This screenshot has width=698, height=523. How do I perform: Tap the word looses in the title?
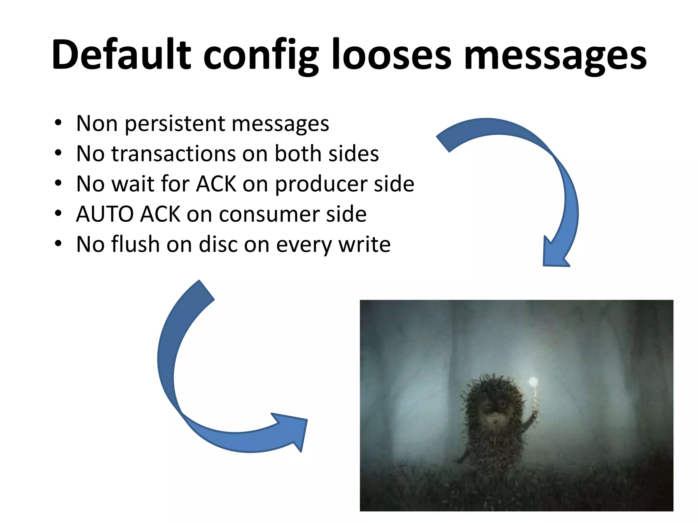pyautogui.click(x=392, y=54)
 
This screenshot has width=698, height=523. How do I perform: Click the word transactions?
pyautogui.click(x=173, y=154)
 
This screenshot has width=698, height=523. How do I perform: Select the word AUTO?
pyautogui.click(x=105, y=214)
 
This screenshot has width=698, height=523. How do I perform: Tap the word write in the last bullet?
pyautogui.click(x=365, y=244)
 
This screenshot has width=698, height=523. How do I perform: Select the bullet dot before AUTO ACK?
pyautogui.click(x=58, y=213)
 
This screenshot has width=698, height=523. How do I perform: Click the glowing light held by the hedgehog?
pyautogui.click(x=533, y=381)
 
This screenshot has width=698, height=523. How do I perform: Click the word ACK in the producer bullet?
pyautogui.click(x=216, y=184)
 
